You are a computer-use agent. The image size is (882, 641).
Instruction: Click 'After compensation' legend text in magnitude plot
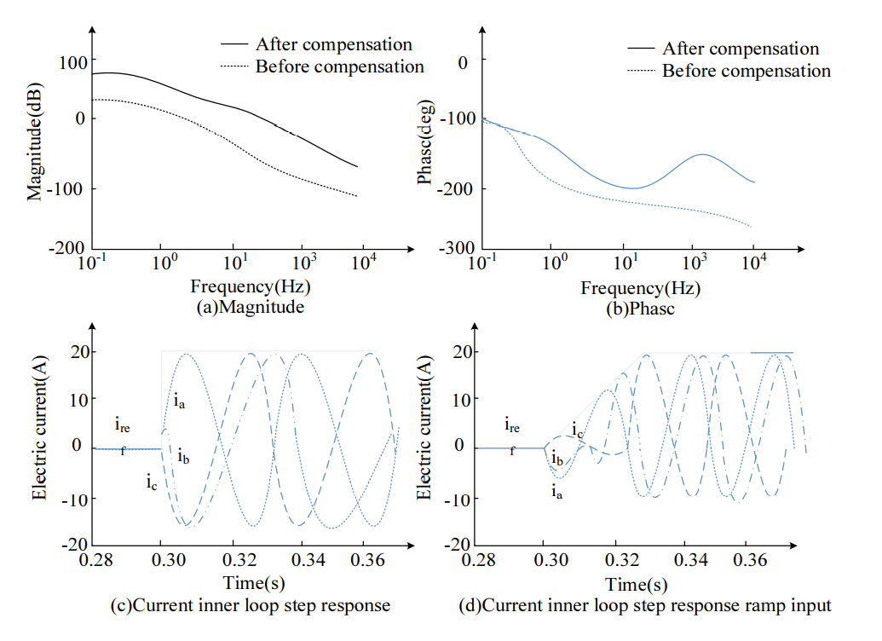pos(333,44)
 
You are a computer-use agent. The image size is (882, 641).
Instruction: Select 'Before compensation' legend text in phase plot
pos(746,71)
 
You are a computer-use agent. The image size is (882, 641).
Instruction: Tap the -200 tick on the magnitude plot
pos(66,248)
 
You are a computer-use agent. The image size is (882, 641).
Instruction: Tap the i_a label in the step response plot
pos(178,399)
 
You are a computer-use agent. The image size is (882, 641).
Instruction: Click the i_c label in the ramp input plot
pos(578,429)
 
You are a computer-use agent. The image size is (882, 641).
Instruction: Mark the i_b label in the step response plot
pos(183,458)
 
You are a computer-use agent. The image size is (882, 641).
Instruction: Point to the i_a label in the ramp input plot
pos(556,490)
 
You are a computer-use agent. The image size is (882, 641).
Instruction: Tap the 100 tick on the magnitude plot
pos(72,61)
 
